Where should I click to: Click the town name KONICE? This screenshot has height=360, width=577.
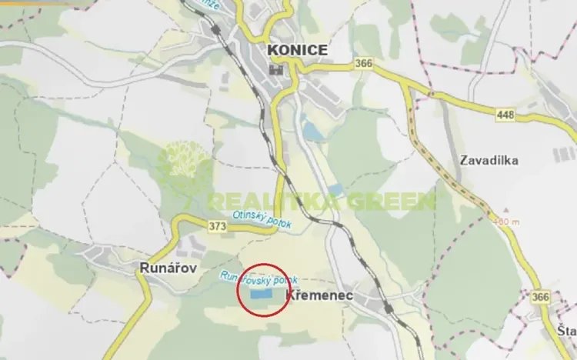pos(297,50)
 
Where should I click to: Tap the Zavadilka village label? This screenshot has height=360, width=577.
pos(489,161)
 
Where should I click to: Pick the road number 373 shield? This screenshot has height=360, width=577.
pos(216,225)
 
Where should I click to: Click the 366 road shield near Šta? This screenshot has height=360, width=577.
pos(542,297)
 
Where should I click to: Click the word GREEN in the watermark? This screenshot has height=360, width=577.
pos(392,202)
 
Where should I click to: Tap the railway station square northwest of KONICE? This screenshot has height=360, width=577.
pos(218,32)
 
